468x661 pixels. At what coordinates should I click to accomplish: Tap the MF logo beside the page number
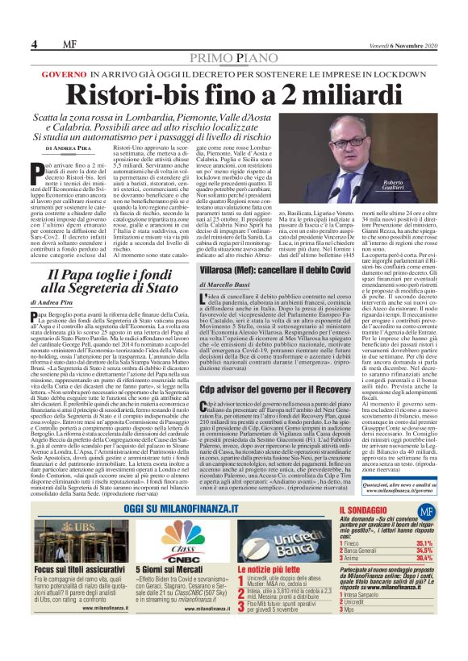coord(58,44)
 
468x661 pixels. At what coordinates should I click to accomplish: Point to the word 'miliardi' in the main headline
coord(310,97)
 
